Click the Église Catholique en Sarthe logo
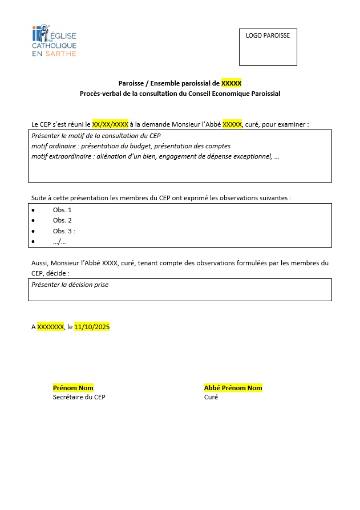tap(54, 41)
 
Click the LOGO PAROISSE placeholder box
tap(268, 47)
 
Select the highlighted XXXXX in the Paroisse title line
tap(231, 83)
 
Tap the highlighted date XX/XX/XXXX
tap(110, 124)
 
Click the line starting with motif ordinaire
tap(131, 146)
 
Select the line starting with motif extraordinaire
tap(155, 156)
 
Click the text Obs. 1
tap(62, 210)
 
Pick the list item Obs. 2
tap(62, 220)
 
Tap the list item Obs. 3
tap(63, 231)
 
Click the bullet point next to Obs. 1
tap(34, 210)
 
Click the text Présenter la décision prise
tap(70, 284)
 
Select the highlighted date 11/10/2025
tap(92, 327)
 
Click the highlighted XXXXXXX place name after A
tap(50, 327)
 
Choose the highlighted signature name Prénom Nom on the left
tap(72, 388)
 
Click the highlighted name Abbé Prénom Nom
tap(233, 388)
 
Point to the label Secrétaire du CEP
tap(79, 397)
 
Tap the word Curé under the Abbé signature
tap(211, 397)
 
